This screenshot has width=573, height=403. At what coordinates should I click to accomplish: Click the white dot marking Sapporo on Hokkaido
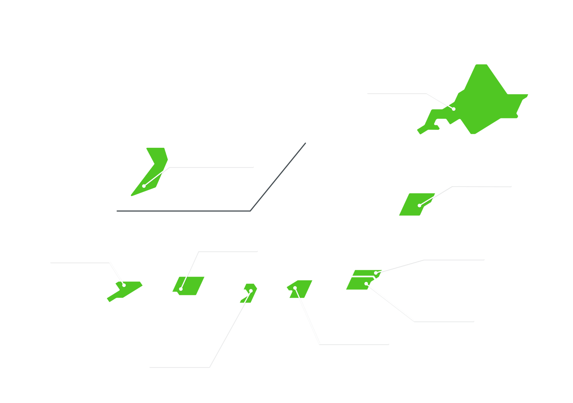pos(454,109)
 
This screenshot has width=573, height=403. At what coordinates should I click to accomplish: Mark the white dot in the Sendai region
pos(419,205)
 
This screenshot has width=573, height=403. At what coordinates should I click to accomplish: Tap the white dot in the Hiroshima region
pos(181,289)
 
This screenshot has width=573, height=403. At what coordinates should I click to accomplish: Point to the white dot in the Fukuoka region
pos(124,285)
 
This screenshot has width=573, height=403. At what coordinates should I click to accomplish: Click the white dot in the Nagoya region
pos(295,288)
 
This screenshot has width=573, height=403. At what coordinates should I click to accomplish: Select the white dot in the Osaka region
pos(251,291)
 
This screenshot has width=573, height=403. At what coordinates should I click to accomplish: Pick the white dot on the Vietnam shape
pos(144,186)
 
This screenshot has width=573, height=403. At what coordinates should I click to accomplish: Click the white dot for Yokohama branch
pos(366,284)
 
